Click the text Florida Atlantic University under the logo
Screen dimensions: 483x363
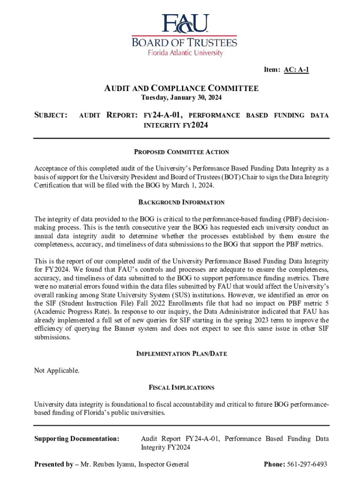coord(185,53)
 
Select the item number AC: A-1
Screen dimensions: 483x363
coord(296,70)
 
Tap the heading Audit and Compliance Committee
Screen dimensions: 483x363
coord(181,88)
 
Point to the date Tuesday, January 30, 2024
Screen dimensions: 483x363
coord(181,98)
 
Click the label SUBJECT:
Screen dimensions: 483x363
coord(51,115)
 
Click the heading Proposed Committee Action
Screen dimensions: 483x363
coord(181,152)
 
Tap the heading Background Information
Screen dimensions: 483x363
coord(181,202)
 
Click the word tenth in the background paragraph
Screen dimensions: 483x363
coord(118,227)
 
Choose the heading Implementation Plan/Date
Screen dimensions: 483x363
coord(181,354)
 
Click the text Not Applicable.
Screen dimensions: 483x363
coord(57,371)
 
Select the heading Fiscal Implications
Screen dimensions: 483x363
coord(181,388)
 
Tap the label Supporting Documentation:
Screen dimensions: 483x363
coord(77,439)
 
